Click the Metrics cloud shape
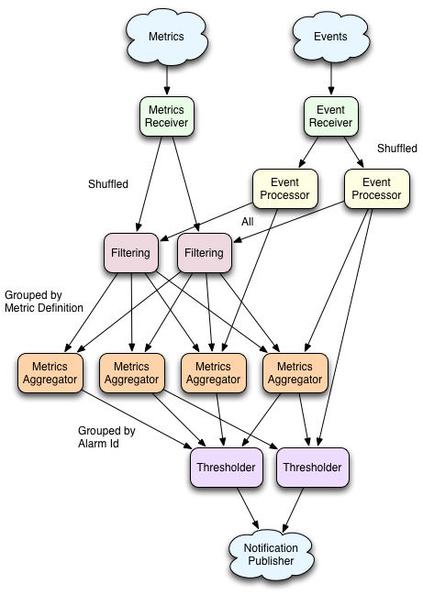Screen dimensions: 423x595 [166, 38]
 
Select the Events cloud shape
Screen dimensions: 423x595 [330, 37]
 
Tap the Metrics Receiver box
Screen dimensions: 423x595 [167, 116]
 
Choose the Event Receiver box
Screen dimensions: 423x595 [330, 116]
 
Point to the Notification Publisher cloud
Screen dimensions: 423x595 [271, 555]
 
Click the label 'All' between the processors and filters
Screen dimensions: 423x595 [247, 222]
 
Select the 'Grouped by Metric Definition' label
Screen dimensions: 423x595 [44, 302]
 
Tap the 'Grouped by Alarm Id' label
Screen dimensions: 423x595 [106, 436]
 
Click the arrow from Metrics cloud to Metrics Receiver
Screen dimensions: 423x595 [167, 81]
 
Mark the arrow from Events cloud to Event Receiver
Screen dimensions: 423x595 [331, 79]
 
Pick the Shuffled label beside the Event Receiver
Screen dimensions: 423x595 [396, 149]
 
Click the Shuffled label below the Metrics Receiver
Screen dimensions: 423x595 [108, 184]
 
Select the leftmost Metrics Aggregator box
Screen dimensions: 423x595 [50, 373]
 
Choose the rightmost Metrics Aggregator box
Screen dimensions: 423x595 [295, 373]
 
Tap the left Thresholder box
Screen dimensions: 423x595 [227, 468]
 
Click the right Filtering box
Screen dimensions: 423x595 [205, 253]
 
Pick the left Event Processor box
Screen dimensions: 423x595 [285, 189]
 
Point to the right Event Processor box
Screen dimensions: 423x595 [377, 189]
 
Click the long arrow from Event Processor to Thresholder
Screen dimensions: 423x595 [345, 327]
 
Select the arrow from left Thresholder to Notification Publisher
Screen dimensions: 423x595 [248, 508]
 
